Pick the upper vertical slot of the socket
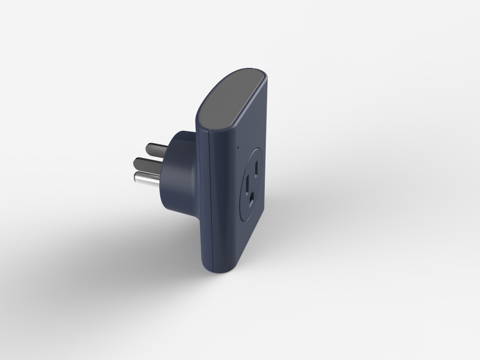click(x=257, y=167)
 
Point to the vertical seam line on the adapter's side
click(x=210, y=202)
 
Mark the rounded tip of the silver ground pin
click(x=136, y=178)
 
